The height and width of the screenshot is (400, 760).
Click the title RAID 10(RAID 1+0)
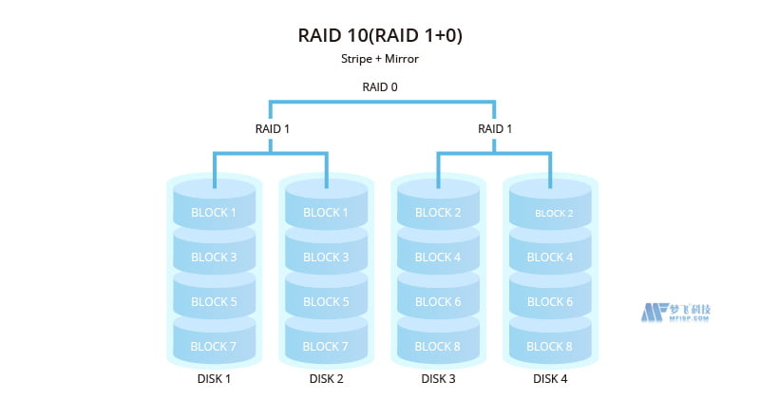(x=380, y=35)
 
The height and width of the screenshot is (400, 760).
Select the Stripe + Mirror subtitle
(x=380, y=59)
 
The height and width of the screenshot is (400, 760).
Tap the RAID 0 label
(x=380, y=87)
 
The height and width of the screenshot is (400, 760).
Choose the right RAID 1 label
(x=494, y=128)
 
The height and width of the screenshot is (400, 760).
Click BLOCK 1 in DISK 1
(x=214, y=212)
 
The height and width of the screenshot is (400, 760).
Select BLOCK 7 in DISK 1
(x=214, y=347)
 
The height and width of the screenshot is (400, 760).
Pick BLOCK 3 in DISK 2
(x=326, y=257)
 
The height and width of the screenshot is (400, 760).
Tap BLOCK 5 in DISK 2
(x=326, y=302)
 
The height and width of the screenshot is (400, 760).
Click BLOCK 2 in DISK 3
(x=438, y=212)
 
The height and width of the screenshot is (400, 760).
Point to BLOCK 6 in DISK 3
(x=438, y=302)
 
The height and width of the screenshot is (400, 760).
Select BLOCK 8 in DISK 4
(x=550, y=347)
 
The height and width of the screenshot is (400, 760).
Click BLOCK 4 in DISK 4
(x=550, y=257)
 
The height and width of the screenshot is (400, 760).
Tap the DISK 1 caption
(x=214, y=379)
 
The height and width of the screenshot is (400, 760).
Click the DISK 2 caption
(x=326, y=379)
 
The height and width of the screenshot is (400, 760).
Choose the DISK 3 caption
(x=438, y=379)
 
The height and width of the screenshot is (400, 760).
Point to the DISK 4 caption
(x=550, y=379)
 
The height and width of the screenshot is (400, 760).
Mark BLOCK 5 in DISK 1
(x=214, y=302)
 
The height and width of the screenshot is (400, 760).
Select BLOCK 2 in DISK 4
(x=550, y=213)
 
